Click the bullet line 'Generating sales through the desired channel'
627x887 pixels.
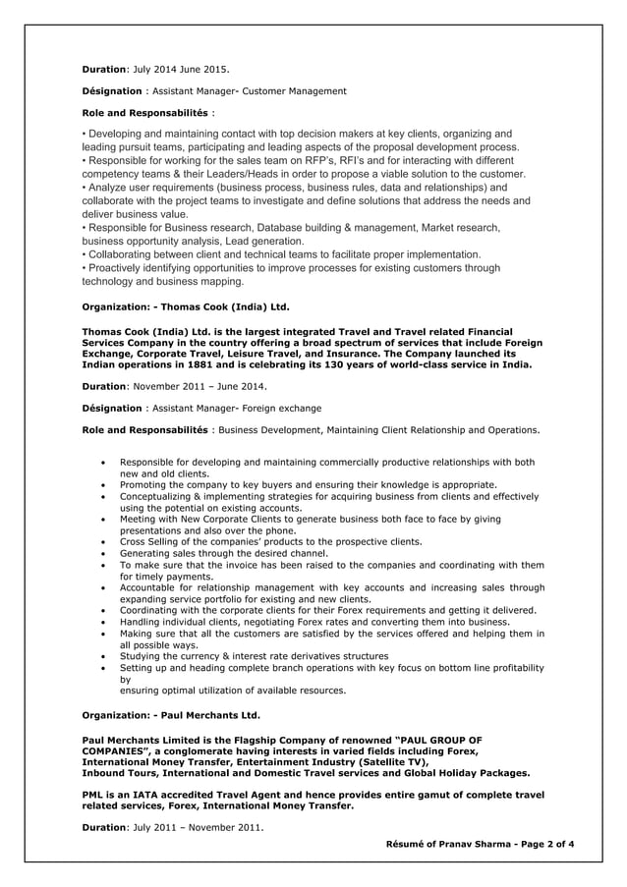pyautogui.click(x=224, y=553)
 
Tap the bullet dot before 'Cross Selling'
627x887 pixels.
pyautogui.click(x=105, y=541)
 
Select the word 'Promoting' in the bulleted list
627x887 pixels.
pyautogui.click(x=143, y=484)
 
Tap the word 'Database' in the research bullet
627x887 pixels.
pyautogui.click(x=290, y=228)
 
